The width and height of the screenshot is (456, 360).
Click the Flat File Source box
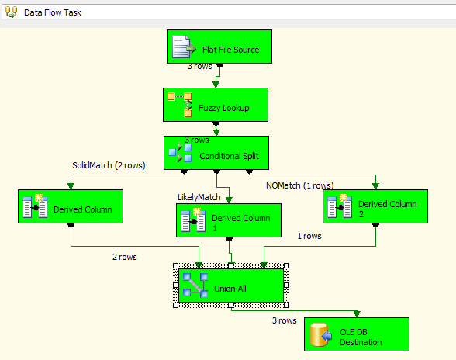(215, 48)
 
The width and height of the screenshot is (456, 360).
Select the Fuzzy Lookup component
(215, 104)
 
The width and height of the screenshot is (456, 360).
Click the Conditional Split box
(216, 153)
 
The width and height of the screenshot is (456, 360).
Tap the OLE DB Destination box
(356, 337)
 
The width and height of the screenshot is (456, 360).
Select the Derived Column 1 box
(229, 220)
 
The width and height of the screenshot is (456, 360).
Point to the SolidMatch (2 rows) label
(105, 165)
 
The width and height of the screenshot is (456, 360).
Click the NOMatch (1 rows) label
(299, 185)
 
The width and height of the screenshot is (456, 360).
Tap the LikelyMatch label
(199, 197)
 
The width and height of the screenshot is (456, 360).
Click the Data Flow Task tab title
(52, 12)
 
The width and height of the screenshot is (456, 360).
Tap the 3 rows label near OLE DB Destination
(283, 320)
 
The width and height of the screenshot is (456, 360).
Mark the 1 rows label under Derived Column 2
(309, 236)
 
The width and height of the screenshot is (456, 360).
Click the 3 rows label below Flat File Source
(200, 67)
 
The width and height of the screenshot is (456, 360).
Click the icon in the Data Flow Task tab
(11, 12)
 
